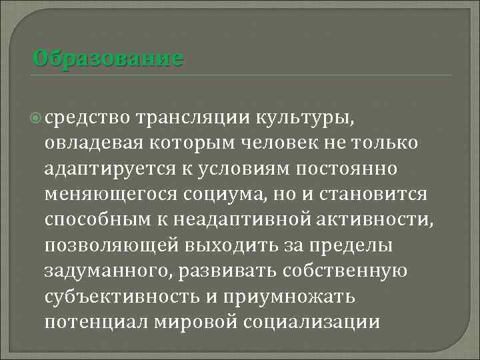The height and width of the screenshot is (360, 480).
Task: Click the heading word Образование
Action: pyautogui.click(x=107, y=58)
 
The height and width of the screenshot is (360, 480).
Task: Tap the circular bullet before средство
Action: pyautogui.click(x=36, y=118)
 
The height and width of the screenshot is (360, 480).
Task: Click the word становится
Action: pyautogui.click(x=377, y=195)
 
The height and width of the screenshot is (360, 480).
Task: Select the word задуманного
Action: pyautogui.click(x=105, y=271)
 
